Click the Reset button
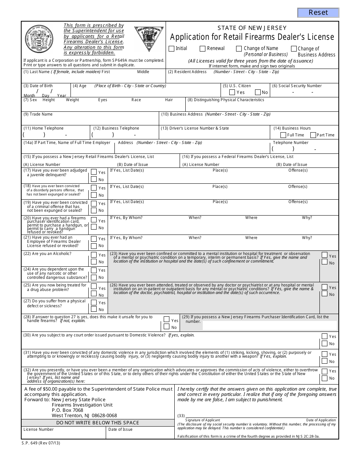tap(318, 13)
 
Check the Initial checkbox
tap(171, 48)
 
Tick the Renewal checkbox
tap(203, 48)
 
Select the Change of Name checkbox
tap(239, 48)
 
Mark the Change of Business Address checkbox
tap(294, 48)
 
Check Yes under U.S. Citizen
tap(232, 92)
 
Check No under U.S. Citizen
tap(258, 92)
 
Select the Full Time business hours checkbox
tap(283, 135)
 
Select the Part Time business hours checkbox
tap(313, 135)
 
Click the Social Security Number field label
tap(297, 86)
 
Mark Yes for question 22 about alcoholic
tap(94, 255)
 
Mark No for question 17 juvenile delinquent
tap(94, 180)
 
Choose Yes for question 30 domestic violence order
tap(324, 336)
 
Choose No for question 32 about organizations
tap(324, 378)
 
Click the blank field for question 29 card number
tap(269, 325)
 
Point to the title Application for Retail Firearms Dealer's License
tap(252, 37)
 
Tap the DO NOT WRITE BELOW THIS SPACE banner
tap(97, 422)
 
